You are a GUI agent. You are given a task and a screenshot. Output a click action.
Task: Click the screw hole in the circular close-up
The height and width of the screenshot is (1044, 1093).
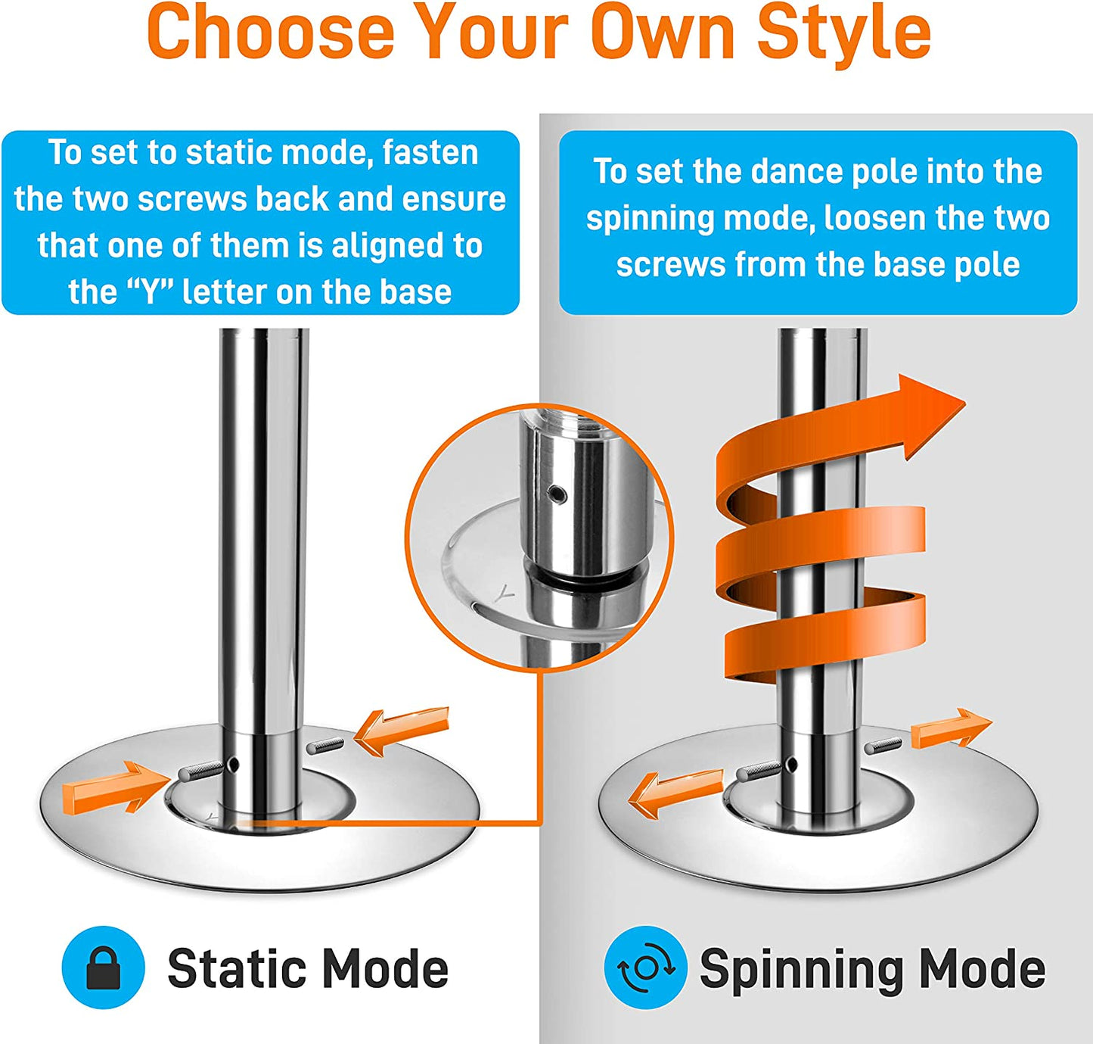point(557,495)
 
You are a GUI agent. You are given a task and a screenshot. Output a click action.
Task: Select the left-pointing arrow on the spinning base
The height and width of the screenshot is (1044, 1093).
point(672,791)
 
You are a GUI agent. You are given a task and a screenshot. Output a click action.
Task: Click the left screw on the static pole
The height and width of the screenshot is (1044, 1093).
point(199,771)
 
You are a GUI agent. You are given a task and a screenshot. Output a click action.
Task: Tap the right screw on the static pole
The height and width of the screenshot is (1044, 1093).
point(325,745)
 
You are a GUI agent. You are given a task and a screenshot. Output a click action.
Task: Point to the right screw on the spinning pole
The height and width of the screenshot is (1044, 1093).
point(883,746)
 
